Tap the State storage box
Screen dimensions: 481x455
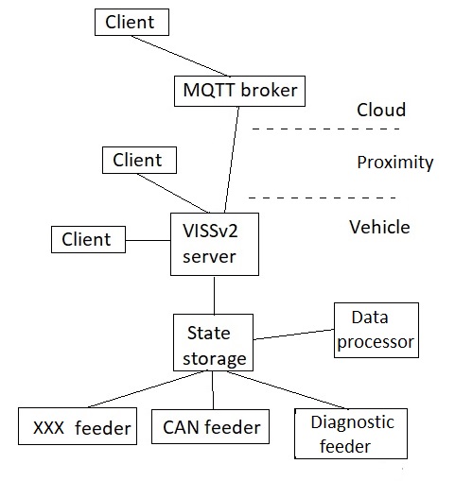coord(214,345)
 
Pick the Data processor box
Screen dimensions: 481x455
coord(376,330)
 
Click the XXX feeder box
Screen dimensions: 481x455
coord(76,427)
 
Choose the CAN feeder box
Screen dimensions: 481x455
coord(210,426)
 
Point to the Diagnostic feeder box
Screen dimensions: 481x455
coord(346,433)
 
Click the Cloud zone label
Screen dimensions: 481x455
coord(380,111)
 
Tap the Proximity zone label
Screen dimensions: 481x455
coord(394,163)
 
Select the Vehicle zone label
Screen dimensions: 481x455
coord(379,227)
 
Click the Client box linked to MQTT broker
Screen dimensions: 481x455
coord(137,21)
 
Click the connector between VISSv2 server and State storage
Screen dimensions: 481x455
coord(214,295)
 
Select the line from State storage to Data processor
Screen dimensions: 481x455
coord(294,335)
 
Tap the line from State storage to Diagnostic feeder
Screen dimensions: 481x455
coord(284,390)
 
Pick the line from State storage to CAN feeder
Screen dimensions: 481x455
coord(213,391)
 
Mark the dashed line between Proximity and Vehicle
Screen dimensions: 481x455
coord(322,198)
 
